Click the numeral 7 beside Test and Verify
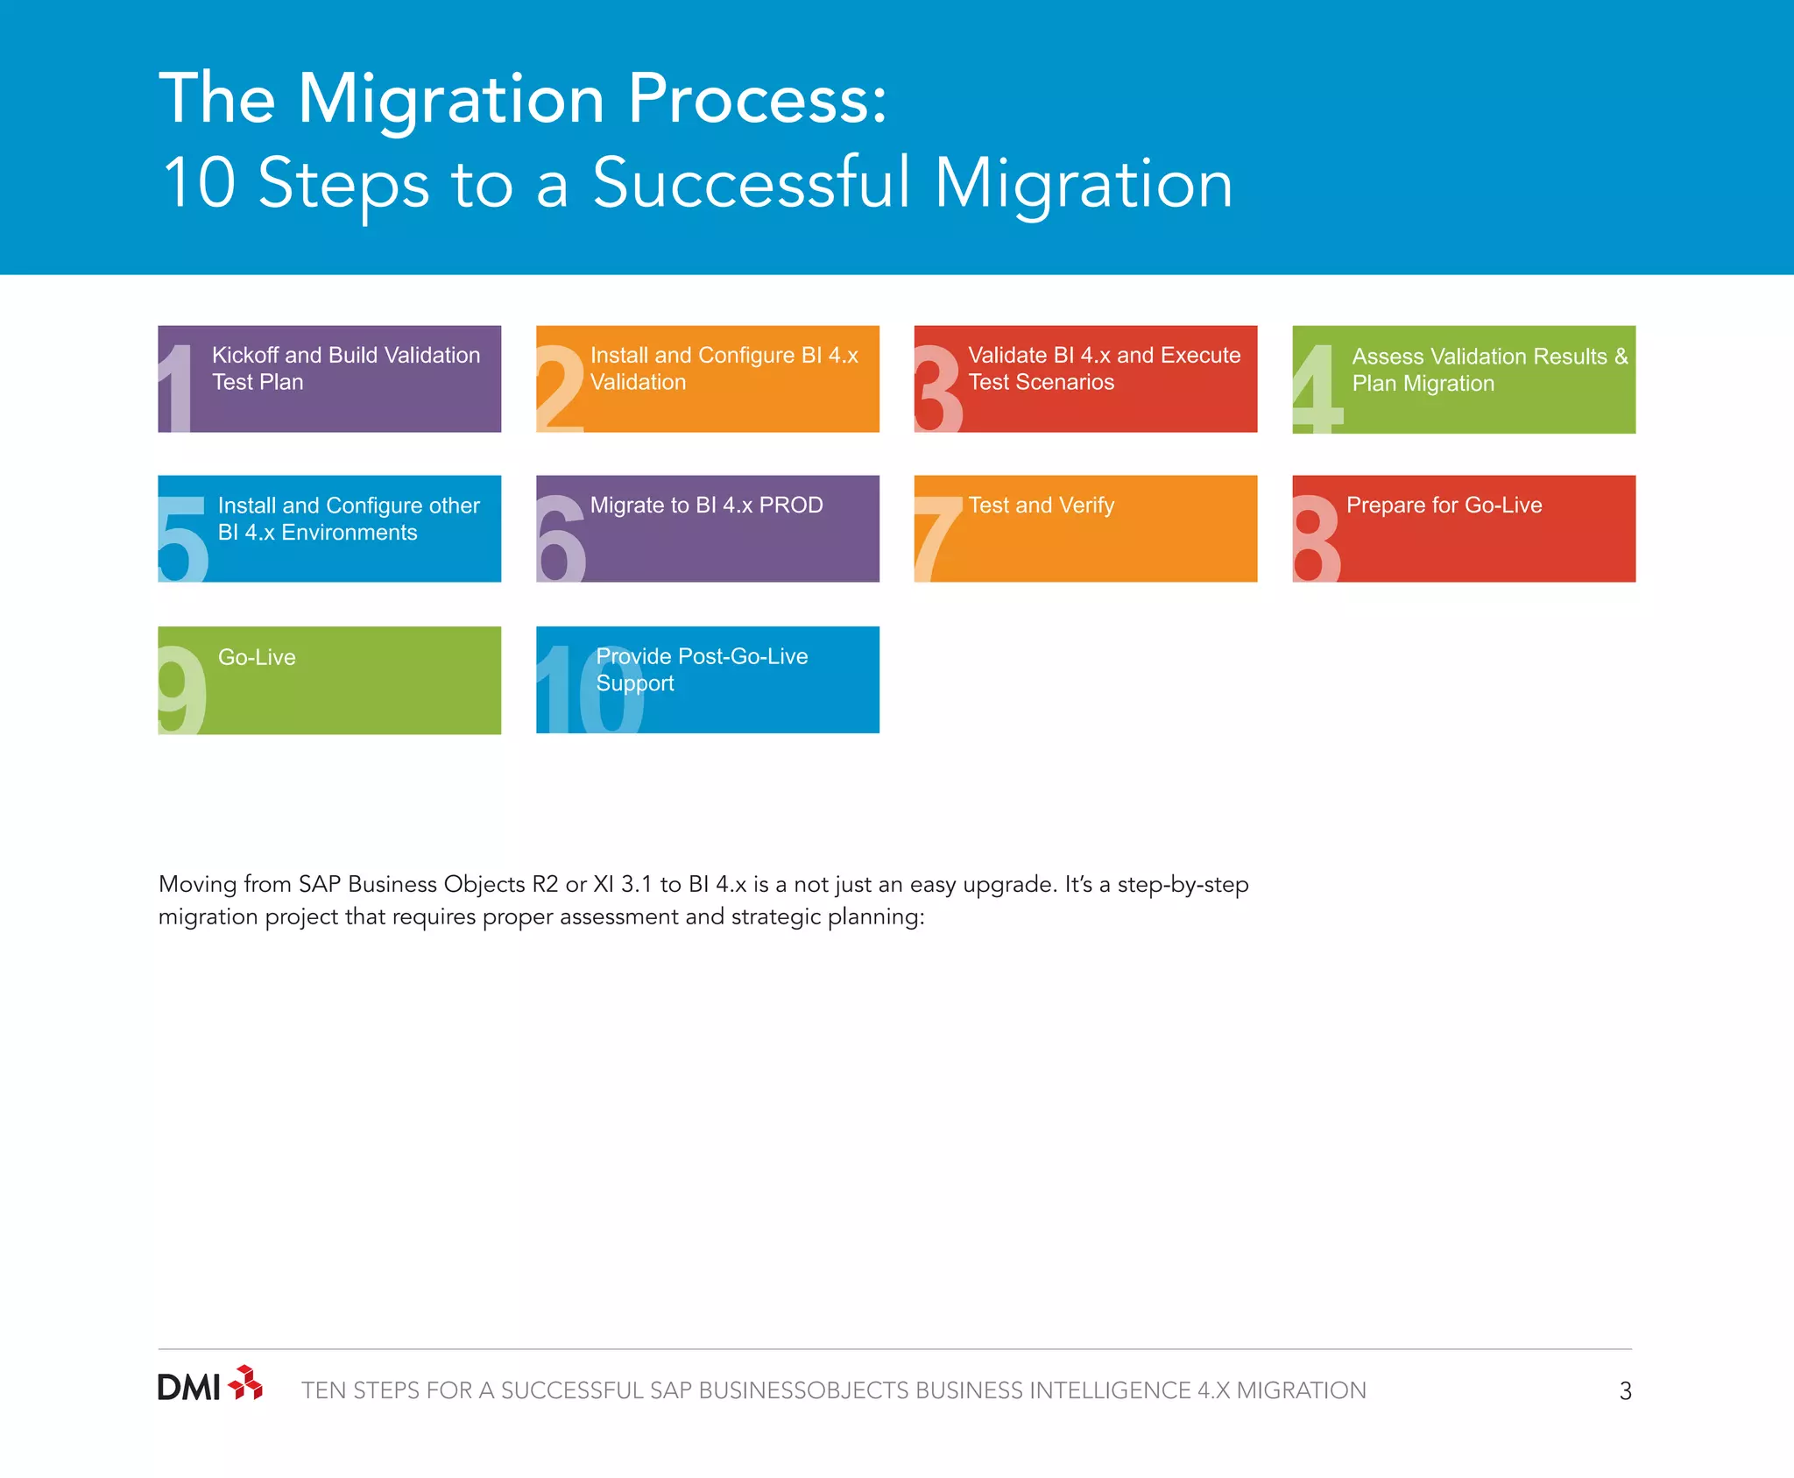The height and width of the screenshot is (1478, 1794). click(937, 538)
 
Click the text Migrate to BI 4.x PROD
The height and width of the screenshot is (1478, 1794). click(706, 506)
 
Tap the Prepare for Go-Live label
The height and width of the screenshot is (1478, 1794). click(1444, 506)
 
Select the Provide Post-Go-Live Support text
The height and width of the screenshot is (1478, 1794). click(701, 669)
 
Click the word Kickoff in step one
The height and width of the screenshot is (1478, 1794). click(244, 355)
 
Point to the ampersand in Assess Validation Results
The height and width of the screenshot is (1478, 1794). click(1621, 356)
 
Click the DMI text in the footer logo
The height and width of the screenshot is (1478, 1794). click(188, 1388)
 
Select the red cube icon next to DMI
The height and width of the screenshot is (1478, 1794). click(245, 1383)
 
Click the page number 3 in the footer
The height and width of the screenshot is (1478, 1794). click(1625, 1391)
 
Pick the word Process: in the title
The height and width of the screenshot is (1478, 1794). click(758, 98)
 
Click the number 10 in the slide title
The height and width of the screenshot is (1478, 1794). click(200, 184)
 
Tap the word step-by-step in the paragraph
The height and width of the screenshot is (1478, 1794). click(1183, 885)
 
